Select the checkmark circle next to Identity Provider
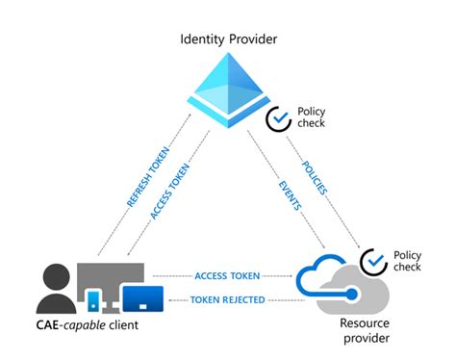click(278, 119)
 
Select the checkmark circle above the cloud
click(373, 261)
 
